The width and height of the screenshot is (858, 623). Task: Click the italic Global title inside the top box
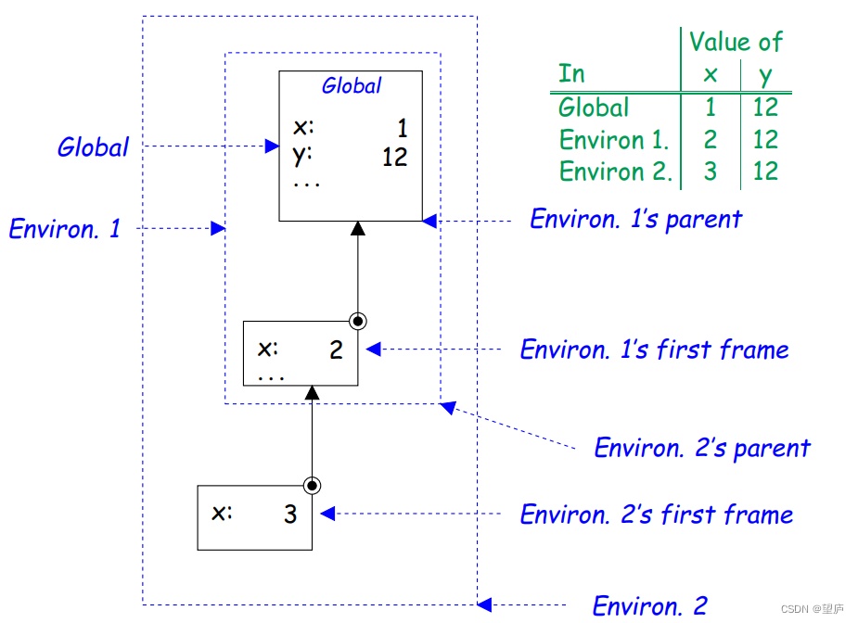pos(351,86)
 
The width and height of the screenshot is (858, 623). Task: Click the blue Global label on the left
pos(93,147)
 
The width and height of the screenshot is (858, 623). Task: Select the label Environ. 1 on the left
pos(65,228)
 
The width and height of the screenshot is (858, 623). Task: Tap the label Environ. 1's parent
pos(635,220)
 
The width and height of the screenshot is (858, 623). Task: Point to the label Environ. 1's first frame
pos(654,350)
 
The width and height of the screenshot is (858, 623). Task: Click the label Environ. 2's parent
pos(702,449)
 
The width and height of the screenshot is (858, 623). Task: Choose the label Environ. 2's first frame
pos(656,515)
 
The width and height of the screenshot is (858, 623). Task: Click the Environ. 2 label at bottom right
pos(649,606)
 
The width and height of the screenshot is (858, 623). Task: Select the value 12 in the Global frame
pos(394,157)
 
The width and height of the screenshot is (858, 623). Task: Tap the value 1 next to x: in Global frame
pos(403,128)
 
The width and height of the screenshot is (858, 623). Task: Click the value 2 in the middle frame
pos(336,350)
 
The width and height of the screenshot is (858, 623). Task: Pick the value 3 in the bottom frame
pos(290,515)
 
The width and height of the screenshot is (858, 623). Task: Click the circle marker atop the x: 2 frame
pos(358,321)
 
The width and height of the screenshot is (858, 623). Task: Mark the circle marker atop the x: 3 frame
pos(313,485)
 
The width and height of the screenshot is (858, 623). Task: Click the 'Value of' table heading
pos(735,43)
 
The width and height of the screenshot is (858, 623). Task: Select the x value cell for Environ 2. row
pos(710,172)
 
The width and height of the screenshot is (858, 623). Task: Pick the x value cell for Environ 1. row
pos(710,140)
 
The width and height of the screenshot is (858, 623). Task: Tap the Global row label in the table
pos(594,108)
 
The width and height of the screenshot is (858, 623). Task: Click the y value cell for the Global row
pos(765,108)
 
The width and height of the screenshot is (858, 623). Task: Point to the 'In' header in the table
pos(571,74)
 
